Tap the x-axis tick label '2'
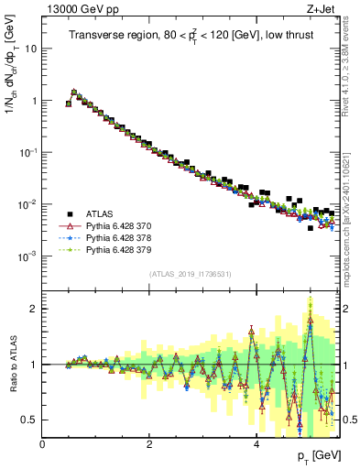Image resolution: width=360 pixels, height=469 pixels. pos(149,444)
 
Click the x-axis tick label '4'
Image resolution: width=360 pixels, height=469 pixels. pos(256,444)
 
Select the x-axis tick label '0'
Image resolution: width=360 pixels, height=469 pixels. pos(43,444)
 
